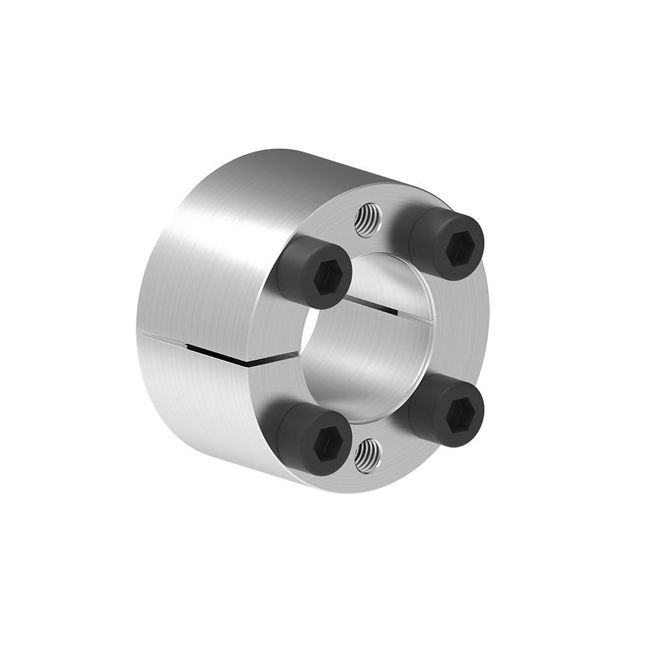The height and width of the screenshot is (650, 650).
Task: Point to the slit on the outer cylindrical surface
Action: point(195,345)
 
